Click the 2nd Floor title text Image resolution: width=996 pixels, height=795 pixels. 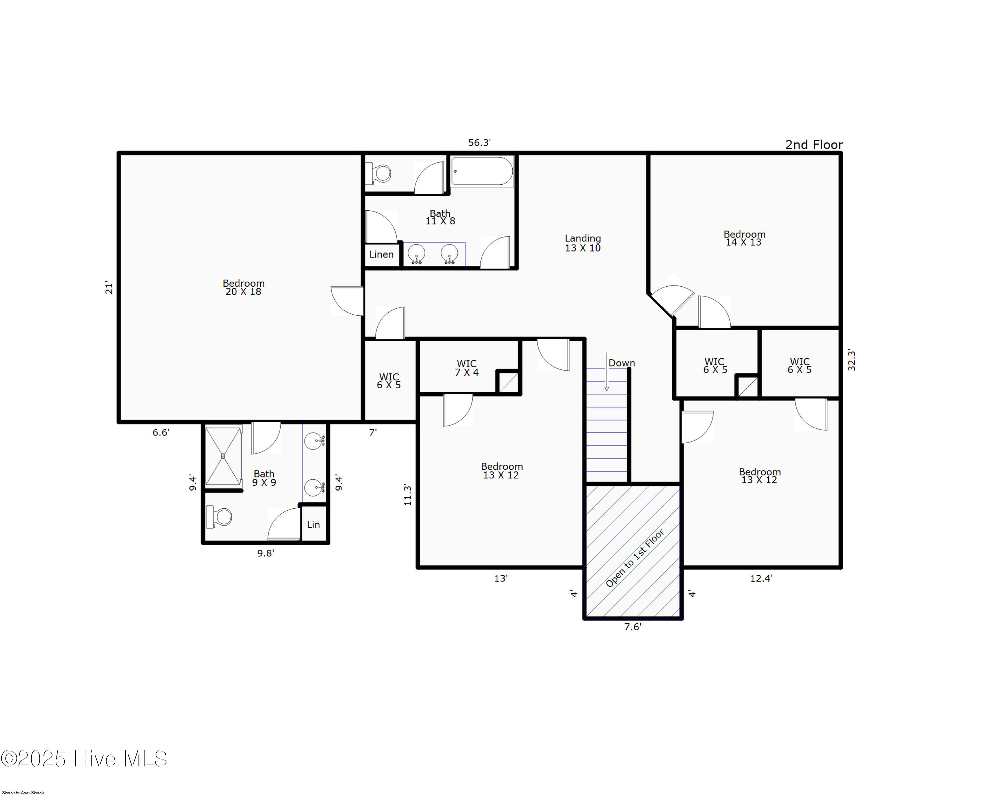[x=814, y=145]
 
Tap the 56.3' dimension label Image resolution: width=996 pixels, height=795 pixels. [x=479, y=143]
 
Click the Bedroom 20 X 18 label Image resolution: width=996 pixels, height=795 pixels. [x=243, y=287]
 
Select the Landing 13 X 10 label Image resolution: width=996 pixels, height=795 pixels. [x=583, y=243]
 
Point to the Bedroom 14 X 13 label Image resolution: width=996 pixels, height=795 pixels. [x=744, y=238]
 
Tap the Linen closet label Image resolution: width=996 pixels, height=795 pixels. [x=381, y=254]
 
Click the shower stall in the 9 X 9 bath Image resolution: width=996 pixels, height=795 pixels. [x=223, y=456]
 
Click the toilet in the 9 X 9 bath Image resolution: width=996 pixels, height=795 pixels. [x=218, y=517]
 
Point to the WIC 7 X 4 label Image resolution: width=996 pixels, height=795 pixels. [x=466, y=368]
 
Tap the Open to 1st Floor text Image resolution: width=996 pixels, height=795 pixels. [x=635, y=558]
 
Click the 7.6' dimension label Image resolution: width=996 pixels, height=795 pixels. [x=633, y=627]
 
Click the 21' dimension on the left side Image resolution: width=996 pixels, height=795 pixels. [x=109, y=287]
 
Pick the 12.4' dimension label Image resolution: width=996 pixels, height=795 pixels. [x=761, y=578]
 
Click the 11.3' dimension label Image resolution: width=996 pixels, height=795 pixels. [x=407, y=495]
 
